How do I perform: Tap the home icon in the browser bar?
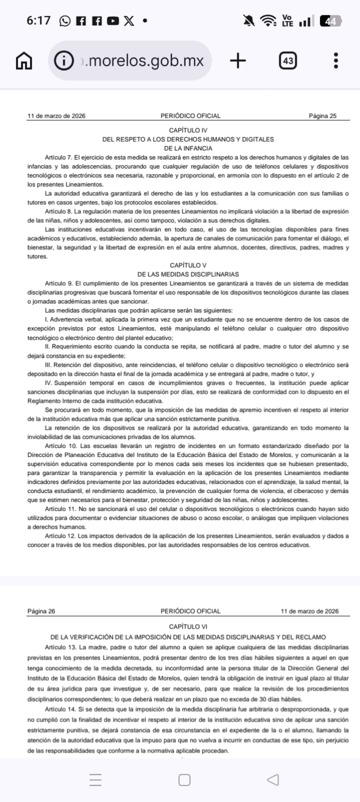(x=24, y=61)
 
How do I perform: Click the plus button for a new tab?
(x=238, y=61)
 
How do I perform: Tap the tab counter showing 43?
(x=288, y=61)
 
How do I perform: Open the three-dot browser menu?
(x=336, y=61)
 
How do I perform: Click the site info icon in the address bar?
(x=64, y=61)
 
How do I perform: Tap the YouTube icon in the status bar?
(x=113, y=21)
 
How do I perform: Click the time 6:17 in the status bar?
(x=39, y=21)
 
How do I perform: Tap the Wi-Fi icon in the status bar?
(x=268, y=21)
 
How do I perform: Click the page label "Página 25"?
(x=322, y=116)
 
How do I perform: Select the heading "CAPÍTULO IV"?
(x=188, y=130)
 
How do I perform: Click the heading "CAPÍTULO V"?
(x=188, y=265)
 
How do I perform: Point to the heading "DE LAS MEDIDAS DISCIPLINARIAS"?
(x=188, y=274)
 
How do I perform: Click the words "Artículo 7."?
(x=59, y=157)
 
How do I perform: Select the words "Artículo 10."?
(x=61, y=446)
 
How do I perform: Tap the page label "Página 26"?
(x=41, y=611)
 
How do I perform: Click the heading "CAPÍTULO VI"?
(x=188, y=627)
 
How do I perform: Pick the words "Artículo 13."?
(x=61, y=648)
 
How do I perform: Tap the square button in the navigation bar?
(x=185, y=780)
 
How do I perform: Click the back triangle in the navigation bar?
(x=273, y=780)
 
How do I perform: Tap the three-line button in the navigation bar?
(x=96, y=780)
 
